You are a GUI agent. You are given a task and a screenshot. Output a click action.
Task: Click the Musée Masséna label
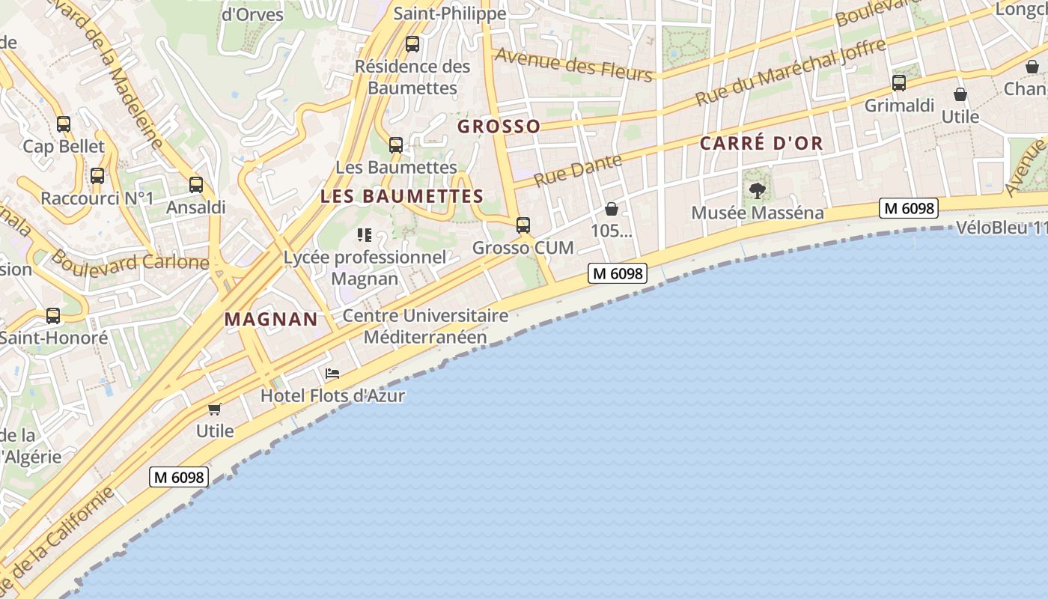(757, 213)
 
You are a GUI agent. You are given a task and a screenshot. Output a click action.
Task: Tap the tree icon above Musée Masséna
(758, 190)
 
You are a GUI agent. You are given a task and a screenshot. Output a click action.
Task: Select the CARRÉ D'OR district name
(761, 144)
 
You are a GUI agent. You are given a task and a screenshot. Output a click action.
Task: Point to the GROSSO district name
(499, 127)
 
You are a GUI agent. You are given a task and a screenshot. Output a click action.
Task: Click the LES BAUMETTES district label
(402, 197)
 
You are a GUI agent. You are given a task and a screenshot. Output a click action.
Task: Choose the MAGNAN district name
(271, 319)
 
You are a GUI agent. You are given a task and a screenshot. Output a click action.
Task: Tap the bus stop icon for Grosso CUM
(523, 225)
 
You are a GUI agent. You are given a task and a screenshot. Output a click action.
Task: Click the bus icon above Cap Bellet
(64, 124)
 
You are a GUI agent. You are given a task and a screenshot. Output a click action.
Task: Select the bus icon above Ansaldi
(196, 184)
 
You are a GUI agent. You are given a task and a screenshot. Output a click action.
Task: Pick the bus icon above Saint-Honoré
(52, 316)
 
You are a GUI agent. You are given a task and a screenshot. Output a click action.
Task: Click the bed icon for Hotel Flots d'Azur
(332, 373)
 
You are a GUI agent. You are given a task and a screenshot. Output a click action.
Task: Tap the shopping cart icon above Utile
(215, 409)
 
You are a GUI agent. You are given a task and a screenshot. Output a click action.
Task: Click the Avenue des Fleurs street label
(574, 65)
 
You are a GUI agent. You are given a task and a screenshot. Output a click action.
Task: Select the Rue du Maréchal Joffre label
(790, 73)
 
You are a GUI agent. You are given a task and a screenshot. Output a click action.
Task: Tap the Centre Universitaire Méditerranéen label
(425, 326)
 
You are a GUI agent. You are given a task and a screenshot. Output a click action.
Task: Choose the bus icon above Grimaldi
(899, 83)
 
